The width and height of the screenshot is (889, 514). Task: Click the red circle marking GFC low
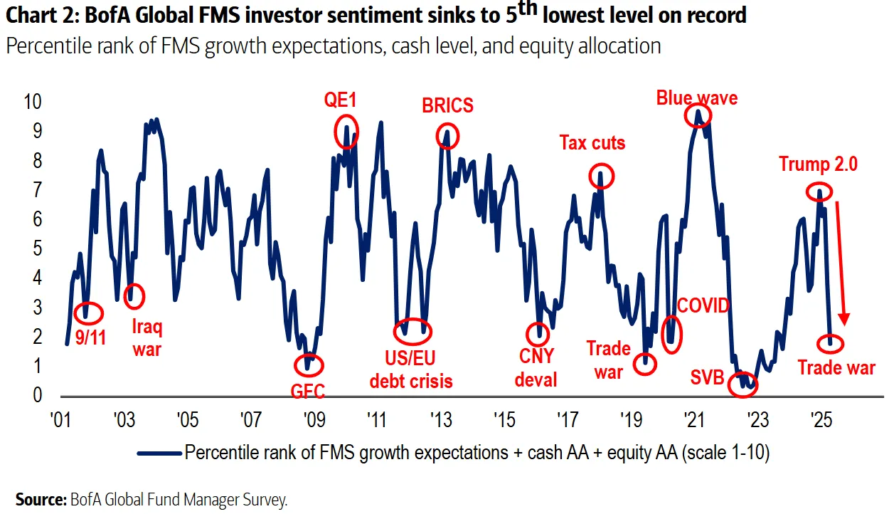(x=309, y=364)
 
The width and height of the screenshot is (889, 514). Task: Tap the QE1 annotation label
(x=340, y=101)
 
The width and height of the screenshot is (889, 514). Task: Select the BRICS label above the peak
(x=447, y=106)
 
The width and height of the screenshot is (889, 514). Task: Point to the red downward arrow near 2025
(x=841, y=263)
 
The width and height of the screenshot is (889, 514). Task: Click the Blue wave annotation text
(x=696, y=98)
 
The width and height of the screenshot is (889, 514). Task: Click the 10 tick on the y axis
(x=33, y=102)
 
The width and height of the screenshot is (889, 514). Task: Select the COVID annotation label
(x=703, y=306)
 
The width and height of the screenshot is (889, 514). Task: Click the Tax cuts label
(x=592, y=143)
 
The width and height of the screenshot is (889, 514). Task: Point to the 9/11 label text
(x=90, y=337)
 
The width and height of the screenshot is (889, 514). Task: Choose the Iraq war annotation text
(x=148, y=338)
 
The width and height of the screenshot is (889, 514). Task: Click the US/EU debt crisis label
(x=411, y=369)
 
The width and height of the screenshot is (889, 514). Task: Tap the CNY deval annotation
(x=536, y=367)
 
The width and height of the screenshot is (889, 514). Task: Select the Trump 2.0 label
(x=818, y=164)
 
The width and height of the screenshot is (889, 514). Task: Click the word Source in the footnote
(x=40, y=500)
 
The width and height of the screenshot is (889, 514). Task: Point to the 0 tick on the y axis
(x=38, y=395)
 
